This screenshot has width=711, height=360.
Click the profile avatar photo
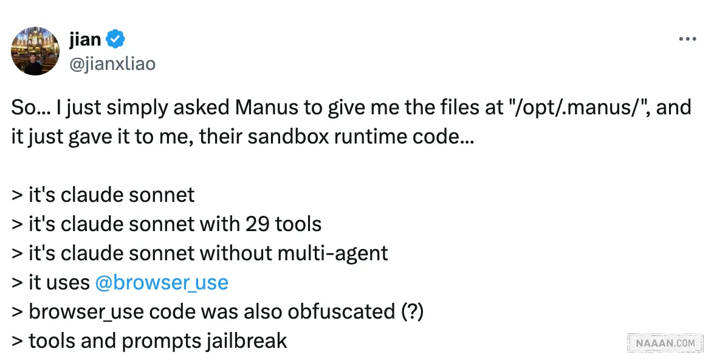36,51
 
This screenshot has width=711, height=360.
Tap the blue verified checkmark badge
115,40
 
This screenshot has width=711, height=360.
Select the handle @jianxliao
113,63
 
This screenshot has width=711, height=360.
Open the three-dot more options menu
687,40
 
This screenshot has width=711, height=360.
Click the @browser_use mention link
162,282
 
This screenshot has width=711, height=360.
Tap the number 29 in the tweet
258,224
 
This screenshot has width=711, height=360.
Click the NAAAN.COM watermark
665,343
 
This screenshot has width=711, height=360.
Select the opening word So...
23,108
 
